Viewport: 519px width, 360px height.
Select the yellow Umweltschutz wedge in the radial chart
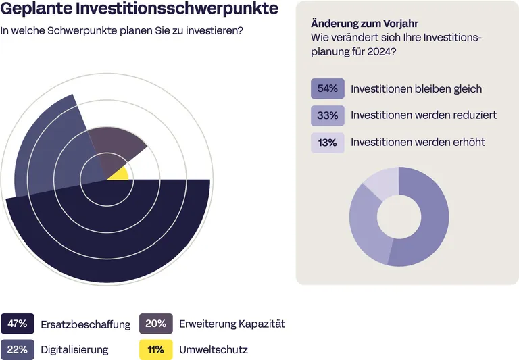pyautogui.click(x=120, y=174)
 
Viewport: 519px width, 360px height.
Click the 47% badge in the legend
pyautogui.click(x=18, y=324)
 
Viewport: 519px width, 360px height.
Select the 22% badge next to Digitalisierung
pyautogui.click(x=18, y=349)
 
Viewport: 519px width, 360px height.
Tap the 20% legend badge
pyautogui.click(x=155, y=324)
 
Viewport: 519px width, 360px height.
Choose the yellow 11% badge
pyautogui.click(x=155, y=349)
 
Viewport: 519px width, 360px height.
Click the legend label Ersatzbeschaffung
pyautogui.click(x=85, y=324)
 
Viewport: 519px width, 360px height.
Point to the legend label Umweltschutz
pyautogui.click(x=214, y=350)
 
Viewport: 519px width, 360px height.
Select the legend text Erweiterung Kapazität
pyautogui.click(x=232, y=324)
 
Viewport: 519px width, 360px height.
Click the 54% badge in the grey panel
pyautogui.click(x=328, y=88)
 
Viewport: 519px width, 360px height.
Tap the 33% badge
pyautogui.click(x=328, y=115)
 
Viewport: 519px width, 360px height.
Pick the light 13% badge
pyautogui.click(x=328, y=143)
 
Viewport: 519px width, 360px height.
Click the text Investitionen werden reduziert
pyautogui.click(x=424, y=115)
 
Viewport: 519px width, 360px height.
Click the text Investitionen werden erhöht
pyautogui.click(x=418, y=143)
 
